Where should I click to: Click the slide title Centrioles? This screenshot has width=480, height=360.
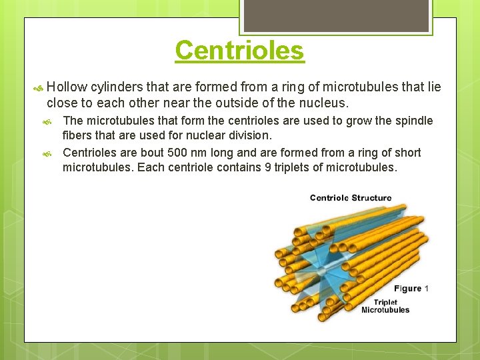(x=239, y=51)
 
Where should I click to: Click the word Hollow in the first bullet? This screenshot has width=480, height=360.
(x=67, y=87)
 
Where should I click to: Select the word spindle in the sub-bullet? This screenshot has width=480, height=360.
(x=415, y=121)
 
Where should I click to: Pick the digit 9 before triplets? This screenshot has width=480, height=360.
(x=268, y=167)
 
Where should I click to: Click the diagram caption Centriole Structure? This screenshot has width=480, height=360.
(x=351, y=198)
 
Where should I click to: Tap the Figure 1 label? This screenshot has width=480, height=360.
(x=411, y=289)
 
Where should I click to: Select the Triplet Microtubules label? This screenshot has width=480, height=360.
(x=385, y=306)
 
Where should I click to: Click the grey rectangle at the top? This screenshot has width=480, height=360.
(x=335, y=15)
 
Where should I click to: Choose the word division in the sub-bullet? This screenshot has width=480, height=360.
(x=249, y=135)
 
